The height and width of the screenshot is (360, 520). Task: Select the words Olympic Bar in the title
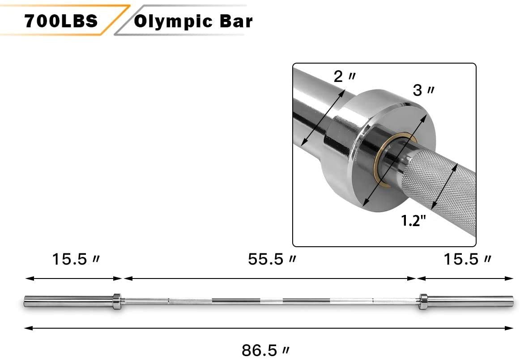click(x=193, y=21)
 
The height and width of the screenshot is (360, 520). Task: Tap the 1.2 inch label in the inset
click(x=412, y=221)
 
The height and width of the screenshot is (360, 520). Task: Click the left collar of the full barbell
click(x=116, y=301)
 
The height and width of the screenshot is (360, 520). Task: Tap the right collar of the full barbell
click(x=423, y=301)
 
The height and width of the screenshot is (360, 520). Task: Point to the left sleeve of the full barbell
click(x=67, y=301)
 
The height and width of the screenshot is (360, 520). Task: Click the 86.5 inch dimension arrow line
click(x=269, y=328)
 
